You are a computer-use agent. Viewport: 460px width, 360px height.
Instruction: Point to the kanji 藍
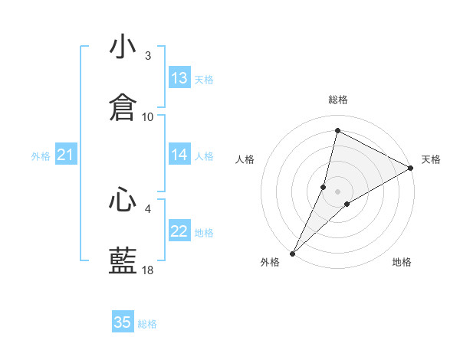[123, 260]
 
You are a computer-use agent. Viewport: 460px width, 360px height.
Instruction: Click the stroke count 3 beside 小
[148, 56]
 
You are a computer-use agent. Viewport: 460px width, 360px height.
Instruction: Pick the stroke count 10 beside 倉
[148, 116]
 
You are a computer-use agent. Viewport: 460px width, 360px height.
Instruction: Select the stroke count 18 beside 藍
[148, 270]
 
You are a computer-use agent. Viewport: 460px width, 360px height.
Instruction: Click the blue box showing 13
[179, 78]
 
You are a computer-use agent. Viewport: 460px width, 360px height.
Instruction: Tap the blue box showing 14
[179, 155]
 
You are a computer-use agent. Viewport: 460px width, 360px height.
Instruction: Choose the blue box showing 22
[179, 231]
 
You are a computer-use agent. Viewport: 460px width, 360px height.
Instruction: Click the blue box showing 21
[65, 155]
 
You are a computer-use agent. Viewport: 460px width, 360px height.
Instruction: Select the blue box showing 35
[123, 322]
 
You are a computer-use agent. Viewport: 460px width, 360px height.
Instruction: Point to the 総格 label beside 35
[147, 324]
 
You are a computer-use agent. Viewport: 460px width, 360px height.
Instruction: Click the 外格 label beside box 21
[41, 156]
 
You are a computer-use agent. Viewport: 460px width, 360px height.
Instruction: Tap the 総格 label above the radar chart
[337, 100]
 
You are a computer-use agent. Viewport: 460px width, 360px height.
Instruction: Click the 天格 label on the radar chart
[431, 159]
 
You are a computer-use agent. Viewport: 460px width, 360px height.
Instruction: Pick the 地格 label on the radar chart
[402, 263]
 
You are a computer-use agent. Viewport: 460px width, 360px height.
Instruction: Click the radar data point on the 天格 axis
[411, 168]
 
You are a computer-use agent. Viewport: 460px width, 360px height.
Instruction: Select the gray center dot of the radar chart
[337, 191]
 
